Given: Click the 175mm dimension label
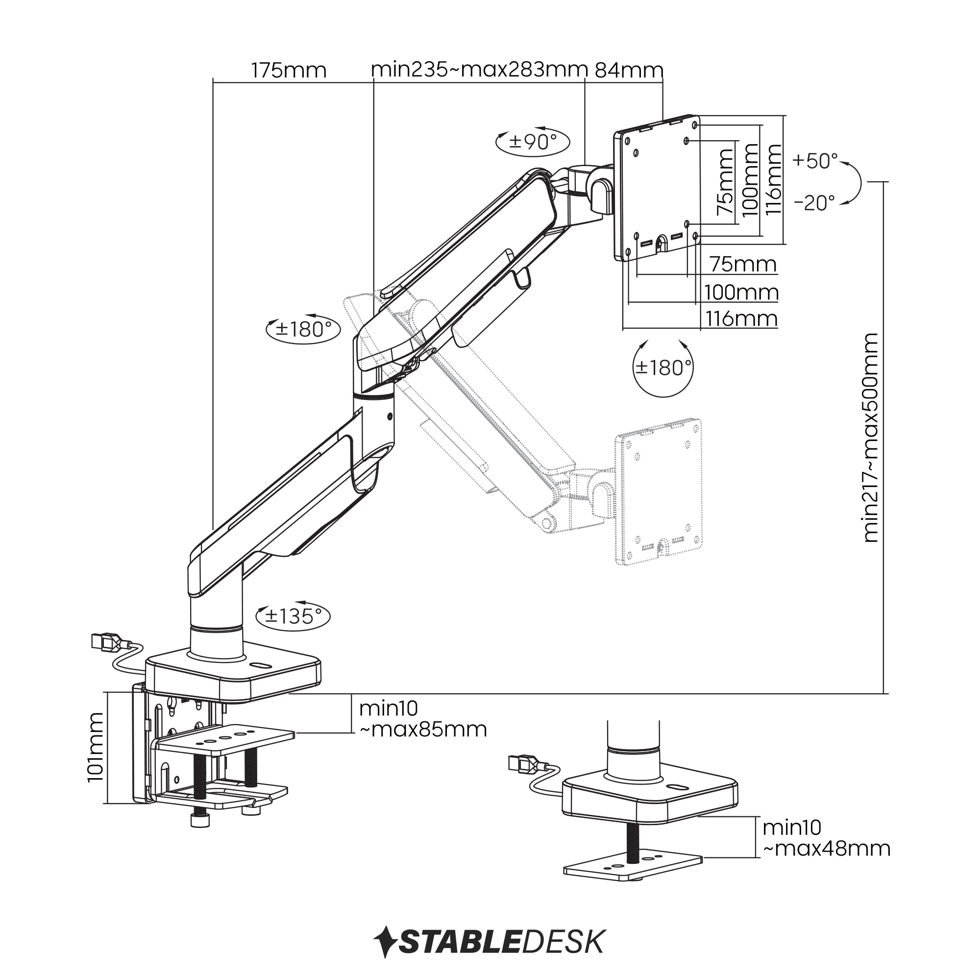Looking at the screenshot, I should coord(289,71).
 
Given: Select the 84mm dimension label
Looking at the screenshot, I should coord(629,70).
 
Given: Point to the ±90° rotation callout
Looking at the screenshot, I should coord(533,142).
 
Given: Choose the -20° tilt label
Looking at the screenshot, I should coord(815,203).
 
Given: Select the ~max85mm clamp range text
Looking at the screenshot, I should coord(423,730).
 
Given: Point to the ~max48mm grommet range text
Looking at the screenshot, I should coord(827,849).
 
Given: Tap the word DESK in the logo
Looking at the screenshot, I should coord(563,942).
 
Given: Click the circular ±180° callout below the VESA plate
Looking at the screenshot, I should coord(663,368).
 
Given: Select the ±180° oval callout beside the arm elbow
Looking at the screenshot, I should coord(303,329).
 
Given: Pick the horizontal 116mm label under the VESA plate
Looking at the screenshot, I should coord(741,319).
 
